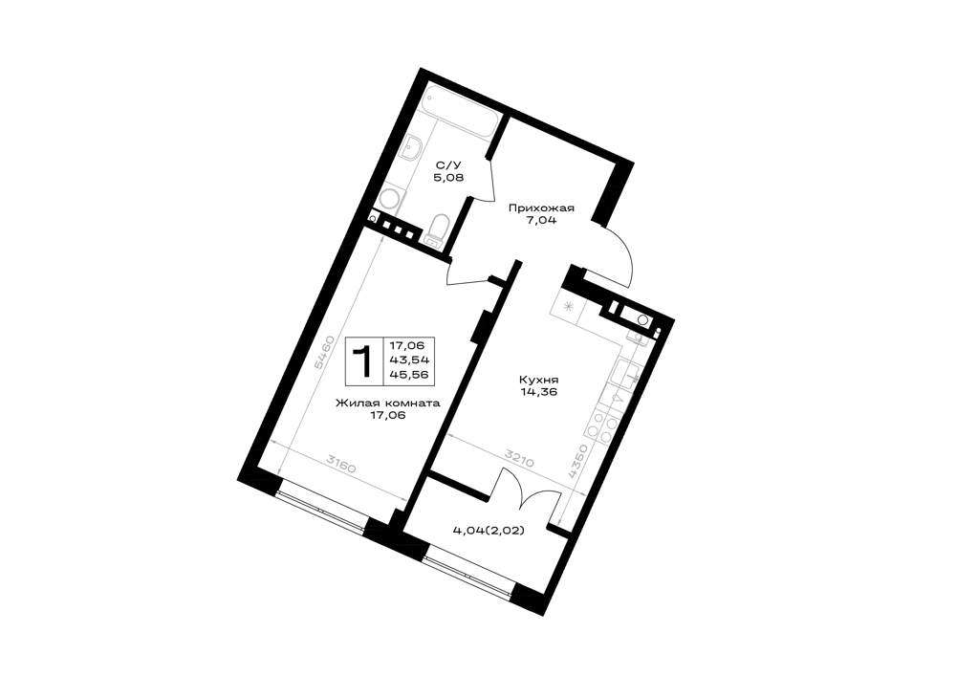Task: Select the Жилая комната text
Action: [387, 403]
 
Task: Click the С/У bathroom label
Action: [444, 164]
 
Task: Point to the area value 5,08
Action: [444, 178]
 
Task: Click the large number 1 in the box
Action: [364, 360]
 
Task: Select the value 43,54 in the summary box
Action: [406, 360]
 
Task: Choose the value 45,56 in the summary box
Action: [406, 374]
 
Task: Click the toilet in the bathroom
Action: [437, 229]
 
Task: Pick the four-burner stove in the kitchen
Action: [601, 425]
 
